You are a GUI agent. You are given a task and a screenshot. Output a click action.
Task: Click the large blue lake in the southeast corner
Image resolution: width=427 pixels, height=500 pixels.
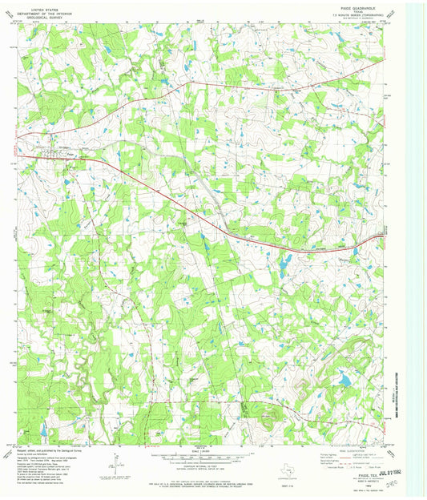[x=344, y=381]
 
